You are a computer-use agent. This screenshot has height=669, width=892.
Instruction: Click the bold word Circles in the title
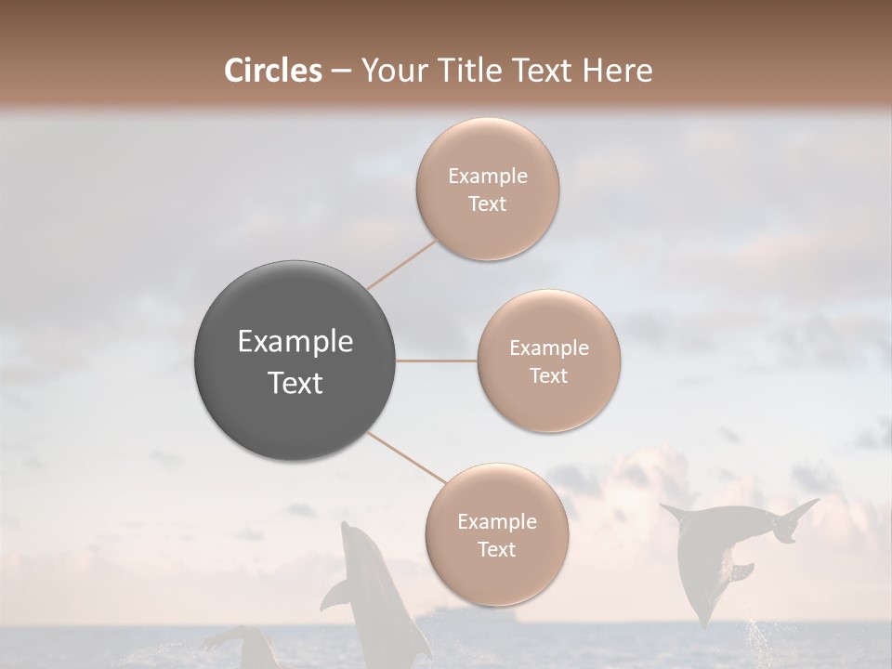(x=273, y=71)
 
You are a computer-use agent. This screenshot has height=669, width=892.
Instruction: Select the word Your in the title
(x=389, y=71)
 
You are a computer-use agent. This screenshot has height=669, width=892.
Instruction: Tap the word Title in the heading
(x=464, y=71)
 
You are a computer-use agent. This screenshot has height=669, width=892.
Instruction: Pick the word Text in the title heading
(x=539, y=71)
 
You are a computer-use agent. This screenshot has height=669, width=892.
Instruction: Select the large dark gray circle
(x=295, y=361)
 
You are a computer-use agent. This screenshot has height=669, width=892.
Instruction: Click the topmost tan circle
(x=488, y=190)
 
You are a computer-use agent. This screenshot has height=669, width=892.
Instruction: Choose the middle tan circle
(x=549, y=361)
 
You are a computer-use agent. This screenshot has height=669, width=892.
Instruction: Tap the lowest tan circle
(x=496, y=534)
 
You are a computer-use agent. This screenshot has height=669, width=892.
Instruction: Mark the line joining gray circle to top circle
(x=401, y=264)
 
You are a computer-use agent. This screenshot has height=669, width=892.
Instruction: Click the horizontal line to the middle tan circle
(x=437, y=361)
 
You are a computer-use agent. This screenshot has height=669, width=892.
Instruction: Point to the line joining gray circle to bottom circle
(x=405, y=457)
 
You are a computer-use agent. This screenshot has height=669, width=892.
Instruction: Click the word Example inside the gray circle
(x=295, y=342)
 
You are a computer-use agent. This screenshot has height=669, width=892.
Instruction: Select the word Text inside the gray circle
(x=295, y=383)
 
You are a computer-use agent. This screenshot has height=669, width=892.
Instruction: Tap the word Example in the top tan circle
(x=488, y=177)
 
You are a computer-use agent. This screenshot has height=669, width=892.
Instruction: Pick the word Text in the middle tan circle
(x=549, y=375)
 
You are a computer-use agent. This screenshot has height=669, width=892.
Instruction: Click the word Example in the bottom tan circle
(x=496, y=521)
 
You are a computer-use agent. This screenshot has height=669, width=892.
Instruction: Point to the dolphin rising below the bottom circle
(x=372, y=595)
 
